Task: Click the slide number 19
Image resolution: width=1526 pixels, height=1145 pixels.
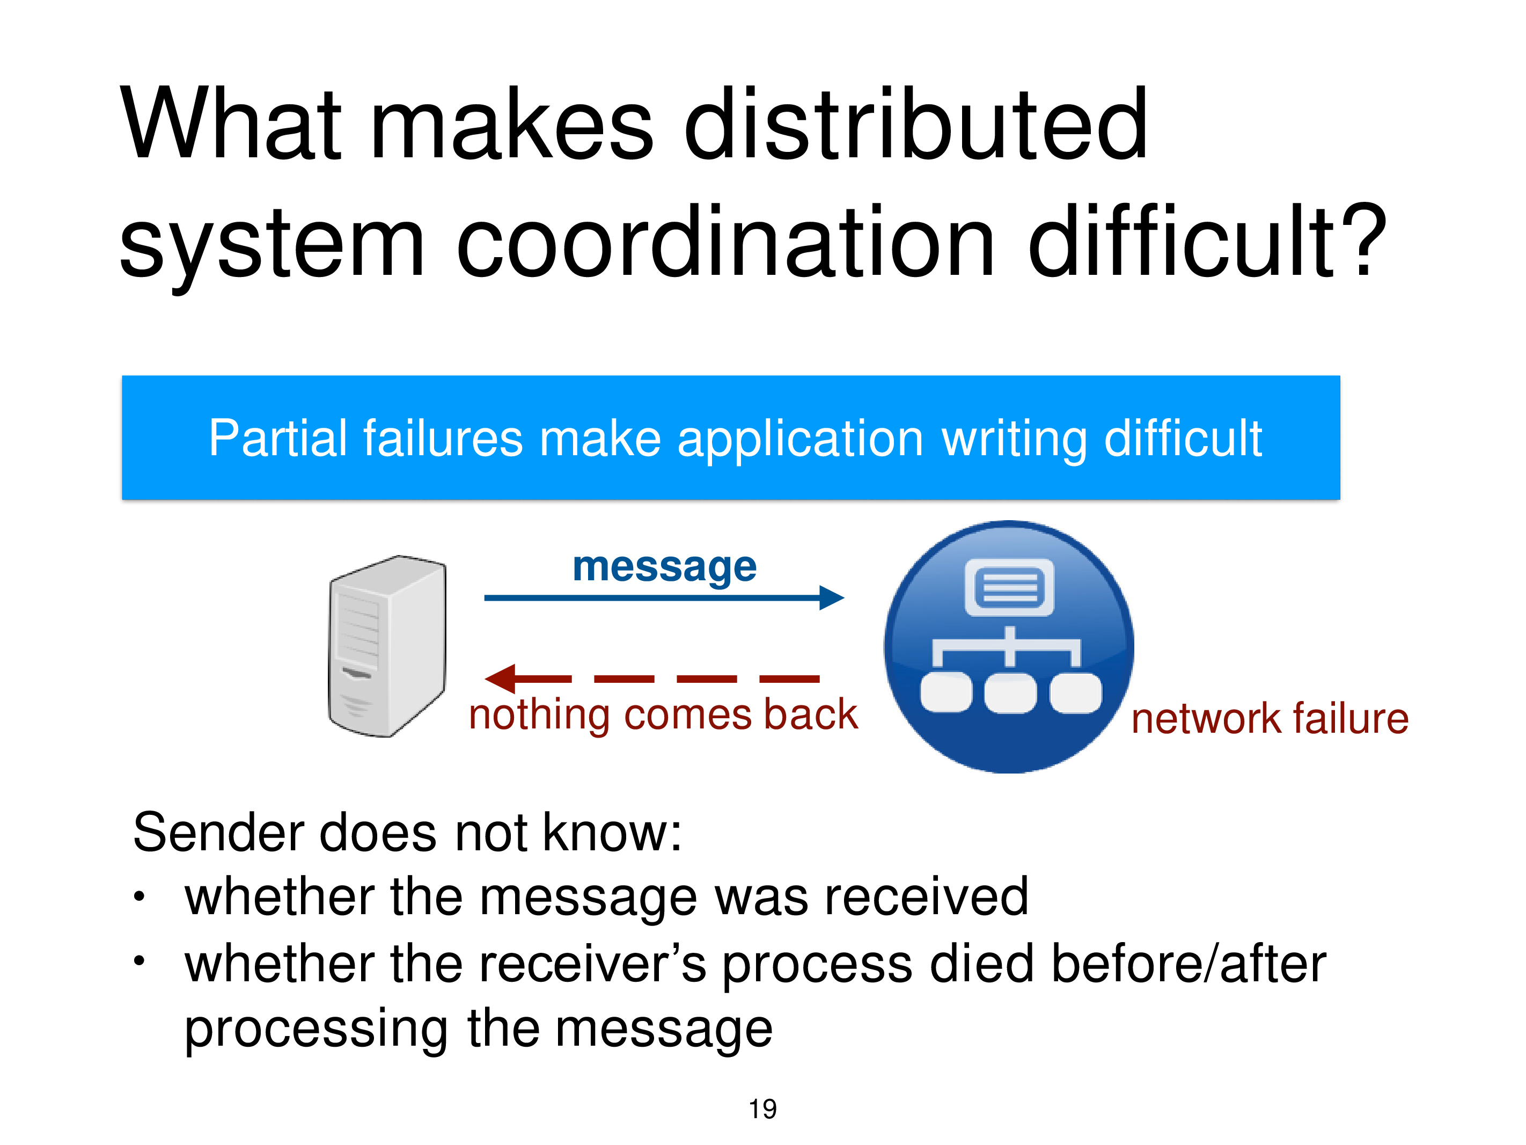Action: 762,1109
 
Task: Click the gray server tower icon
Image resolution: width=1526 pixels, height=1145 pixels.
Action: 387,646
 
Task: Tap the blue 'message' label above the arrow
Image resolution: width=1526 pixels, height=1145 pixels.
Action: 664,568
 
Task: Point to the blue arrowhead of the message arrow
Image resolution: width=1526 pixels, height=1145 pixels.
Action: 831,597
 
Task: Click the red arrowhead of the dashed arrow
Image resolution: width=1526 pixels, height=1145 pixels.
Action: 500,679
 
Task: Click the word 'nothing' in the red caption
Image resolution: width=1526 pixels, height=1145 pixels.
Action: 539,715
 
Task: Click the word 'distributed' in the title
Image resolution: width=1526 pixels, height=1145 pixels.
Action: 915,124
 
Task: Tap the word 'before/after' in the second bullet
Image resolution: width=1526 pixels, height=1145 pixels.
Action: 1188,964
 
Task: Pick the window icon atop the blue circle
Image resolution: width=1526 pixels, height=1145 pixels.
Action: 1009,587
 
